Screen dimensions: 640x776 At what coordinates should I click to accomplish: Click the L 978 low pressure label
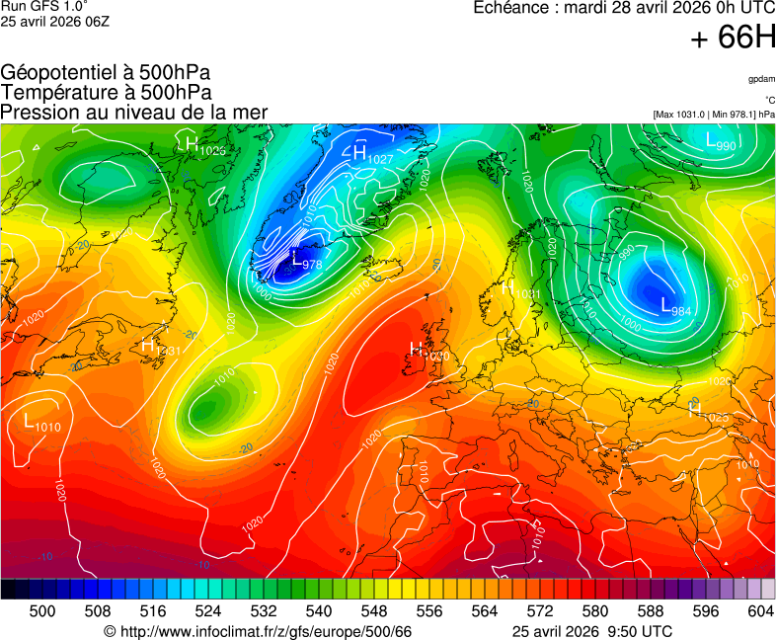(306, 261)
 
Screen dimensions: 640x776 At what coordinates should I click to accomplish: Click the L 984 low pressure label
(678, 308)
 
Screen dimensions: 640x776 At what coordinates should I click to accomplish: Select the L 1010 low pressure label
(41, 423)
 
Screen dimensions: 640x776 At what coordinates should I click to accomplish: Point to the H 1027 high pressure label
(372, 155)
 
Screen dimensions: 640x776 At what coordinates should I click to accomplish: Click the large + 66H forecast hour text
(733, 38)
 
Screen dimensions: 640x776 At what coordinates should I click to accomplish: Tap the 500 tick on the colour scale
(42, 611)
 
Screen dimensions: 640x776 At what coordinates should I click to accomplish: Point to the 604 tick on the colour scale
(760, 611)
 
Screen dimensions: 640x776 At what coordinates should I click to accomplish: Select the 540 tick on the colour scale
(319, 611)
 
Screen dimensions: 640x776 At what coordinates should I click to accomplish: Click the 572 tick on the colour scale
(539, 611)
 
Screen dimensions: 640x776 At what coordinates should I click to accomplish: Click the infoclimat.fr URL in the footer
(258, 631)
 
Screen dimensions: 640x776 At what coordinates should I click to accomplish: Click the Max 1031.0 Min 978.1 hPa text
(714, 115)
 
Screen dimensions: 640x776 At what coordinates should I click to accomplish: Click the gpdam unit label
(760, 79)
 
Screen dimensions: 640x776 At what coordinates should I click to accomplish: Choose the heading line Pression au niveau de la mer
(134, 113)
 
